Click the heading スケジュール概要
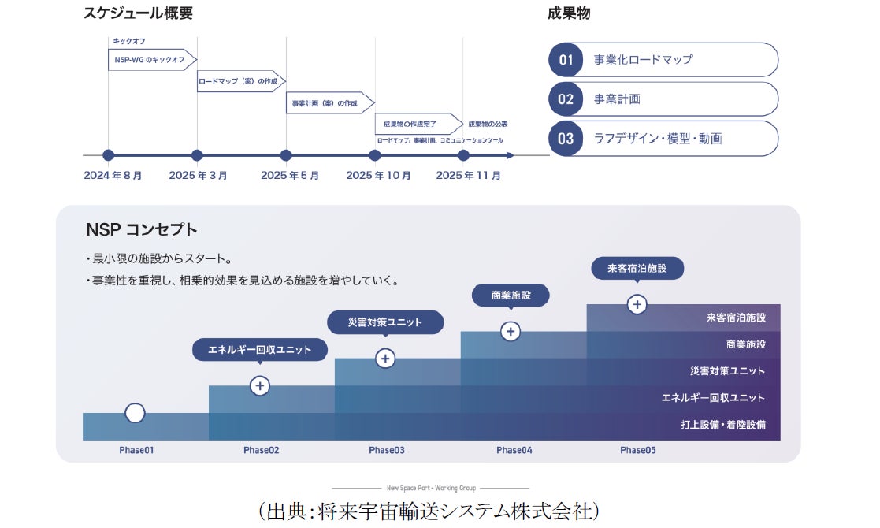(x=138, y=13)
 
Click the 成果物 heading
(x=569, y=13)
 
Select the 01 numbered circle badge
(x=566, y=60)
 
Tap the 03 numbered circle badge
(x=566, y=139)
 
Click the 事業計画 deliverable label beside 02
(x=617, y=99)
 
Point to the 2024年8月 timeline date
(x=113, y=176)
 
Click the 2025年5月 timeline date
(x=290, y=176)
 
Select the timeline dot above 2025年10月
(x=375, y=155)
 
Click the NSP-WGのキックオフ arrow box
(x=151, y=59)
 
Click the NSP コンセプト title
(x=142, y=230)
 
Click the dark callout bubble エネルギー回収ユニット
(x=260, y=350)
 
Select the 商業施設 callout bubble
(x=511, y=296)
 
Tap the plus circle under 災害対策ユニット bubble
(x=385, y=359)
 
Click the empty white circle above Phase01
(x=135, y=413)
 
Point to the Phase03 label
(x=387, y=451)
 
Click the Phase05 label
(x=637, y=451)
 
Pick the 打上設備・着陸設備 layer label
(x=723, y=425)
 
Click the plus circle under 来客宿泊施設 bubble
(x=637, y=304)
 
